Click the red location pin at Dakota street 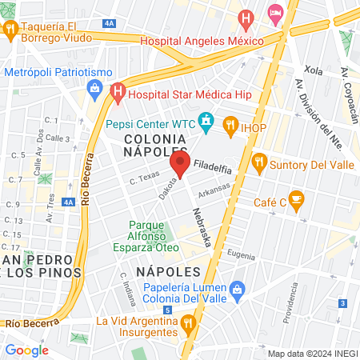pyautogui.click(x=178, y=166)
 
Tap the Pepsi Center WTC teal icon pyautogui.click(x=207, y=123)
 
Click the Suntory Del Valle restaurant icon pyautogui.click(x=259, y=162)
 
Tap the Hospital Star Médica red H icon pyautogui.click(x=118, y=93)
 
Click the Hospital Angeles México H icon pyautogui.click(x=246, y=17)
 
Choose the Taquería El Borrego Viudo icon pyautogui.click(x=11, y=30)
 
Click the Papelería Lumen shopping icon pyautogui.click(x=237, y=288)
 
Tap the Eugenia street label pyautogui.click(x=242, y=254)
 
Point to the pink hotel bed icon pyautogui.click(x=275, y=12)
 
